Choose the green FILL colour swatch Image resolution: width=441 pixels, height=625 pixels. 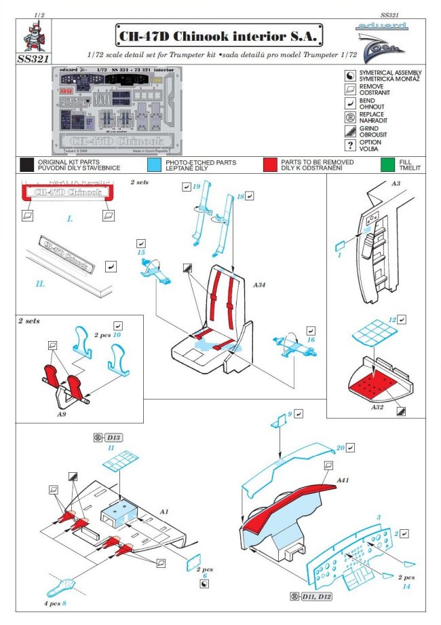[x=387, y=164]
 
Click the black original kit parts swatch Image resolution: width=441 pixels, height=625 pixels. [x=27, y=164]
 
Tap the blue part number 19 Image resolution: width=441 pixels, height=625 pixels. [x=196, y=185]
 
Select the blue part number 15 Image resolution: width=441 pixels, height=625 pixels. [x=141, y=253]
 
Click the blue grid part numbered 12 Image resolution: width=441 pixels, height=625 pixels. [x=392, y=319]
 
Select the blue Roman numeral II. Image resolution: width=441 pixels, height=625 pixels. [x=41, y=284]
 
